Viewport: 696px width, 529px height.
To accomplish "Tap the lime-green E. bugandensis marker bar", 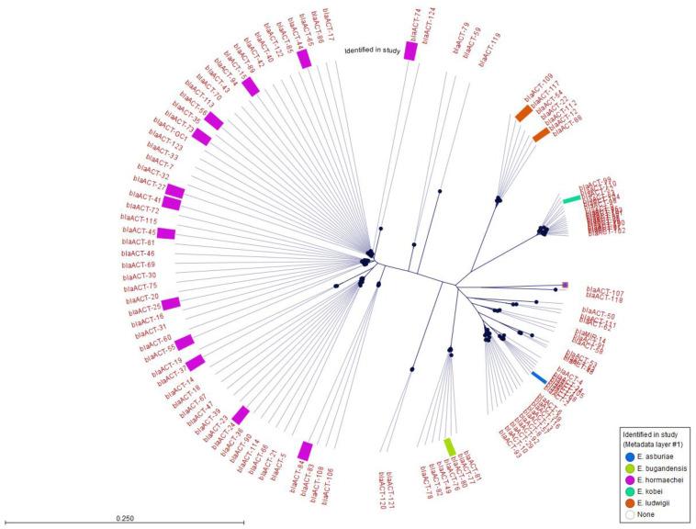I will pyautogui.click(x=450, y=446).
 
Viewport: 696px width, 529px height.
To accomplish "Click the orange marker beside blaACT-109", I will pyautogui.click(x=523, y=113).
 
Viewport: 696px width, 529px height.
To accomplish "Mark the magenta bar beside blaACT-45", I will pyautogui.click(x=165, y=233).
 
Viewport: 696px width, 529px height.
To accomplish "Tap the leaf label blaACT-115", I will pyautogui.click(x=139, y=220).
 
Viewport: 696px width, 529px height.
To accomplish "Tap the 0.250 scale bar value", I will pyautogui.click(x=125, y=518).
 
